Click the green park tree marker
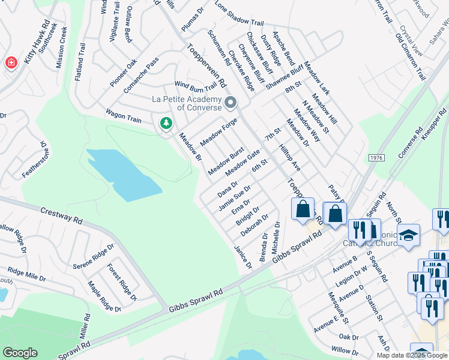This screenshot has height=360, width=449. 166,124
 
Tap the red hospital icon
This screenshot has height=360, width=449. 11,63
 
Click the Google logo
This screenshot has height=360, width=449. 20,353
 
